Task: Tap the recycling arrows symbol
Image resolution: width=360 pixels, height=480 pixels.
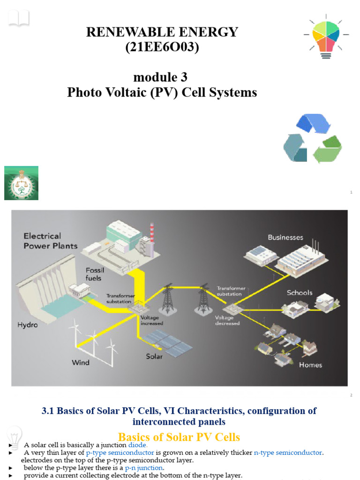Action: [x=312, y=139]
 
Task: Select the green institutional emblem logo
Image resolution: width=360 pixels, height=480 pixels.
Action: [x=21, y=183]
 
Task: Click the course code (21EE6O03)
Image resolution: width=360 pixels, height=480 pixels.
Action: [x=162, y=47]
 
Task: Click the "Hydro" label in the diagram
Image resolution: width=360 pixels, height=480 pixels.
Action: [x=28, y=324]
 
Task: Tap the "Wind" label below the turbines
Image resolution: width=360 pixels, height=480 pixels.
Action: [x=80, y=362]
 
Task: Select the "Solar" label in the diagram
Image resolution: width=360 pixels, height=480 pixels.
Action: [x=154, y=356]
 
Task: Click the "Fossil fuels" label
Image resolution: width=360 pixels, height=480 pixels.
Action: [x=95, y=274]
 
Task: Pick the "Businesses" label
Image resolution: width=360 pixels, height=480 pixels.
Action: [x=285, y=238]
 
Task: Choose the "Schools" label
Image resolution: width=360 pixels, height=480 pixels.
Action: [x=300, y=292]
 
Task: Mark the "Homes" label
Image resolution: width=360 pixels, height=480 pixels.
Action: [x=310, y=365]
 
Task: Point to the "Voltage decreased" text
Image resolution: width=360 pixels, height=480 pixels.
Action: [x=227, y=320]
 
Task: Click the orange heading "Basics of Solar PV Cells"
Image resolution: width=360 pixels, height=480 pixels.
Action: [x=179, y=437]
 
